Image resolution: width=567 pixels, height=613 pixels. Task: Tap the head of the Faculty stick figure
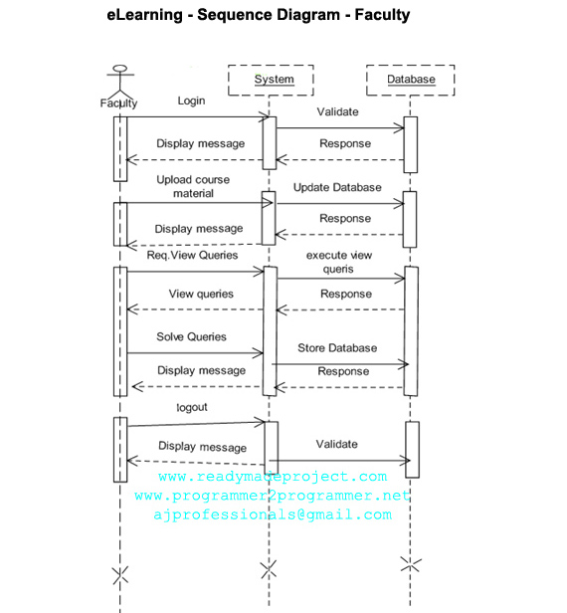pos(120,69)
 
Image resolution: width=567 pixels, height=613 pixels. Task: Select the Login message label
pos(191,101)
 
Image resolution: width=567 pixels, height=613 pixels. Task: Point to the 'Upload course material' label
pos(193,186)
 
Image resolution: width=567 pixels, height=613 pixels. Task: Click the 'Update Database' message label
pos(337,188)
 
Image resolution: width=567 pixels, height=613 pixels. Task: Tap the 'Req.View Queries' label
pos(192,256)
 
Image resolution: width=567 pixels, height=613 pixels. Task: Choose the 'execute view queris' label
pos(339,262)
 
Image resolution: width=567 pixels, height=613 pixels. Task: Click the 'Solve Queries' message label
pos(191,337)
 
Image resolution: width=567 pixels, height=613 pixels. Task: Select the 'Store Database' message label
pos(337,348)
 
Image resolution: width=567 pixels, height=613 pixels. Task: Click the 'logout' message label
pos(192,407)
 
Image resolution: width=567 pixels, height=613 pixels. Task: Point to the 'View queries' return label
pos(201,294)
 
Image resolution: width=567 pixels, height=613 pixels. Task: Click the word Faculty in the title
pos(382,15)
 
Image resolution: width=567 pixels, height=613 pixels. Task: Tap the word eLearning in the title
pos(144,15)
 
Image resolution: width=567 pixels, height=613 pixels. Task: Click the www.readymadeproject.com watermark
pos(273,477)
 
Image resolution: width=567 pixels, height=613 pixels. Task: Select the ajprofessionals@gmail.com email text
pos(273,514)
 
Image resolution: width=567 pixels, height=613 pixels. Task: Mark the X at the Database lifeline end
pos(411,564)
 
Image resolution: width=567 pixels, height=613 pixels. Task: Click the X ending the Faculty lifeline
pos(120,575)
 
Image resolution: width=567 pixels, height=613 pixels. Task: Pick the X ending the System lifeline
pos(269,569)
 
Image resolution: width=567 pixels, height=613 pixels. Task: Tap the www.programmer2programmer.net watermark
pos(273,496)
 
